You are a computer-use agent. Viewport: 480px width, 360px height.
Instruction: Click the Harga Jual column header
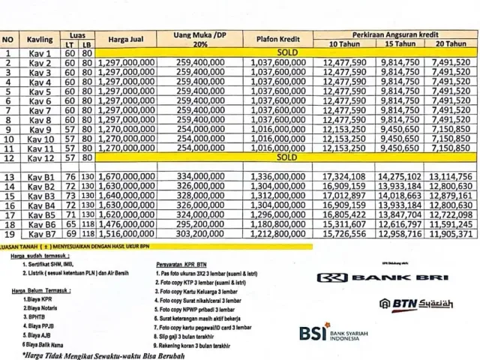127,39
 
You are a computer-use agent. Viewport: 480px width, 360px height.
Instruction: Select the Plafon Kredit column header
279,40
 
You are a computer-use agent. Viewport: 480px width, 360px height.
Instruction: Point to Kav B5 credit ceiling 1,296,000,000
278,214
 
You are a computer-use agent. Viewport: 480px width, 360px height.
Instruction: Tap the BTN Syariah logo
406,304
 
